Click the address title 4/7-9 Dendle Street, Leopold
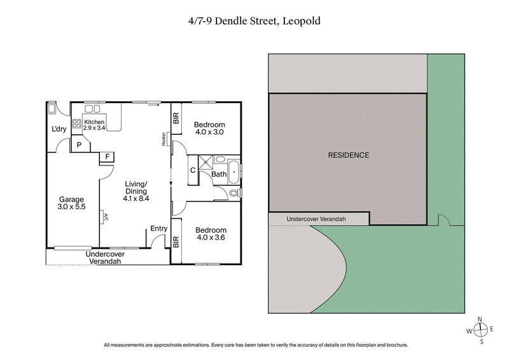coord(254,20)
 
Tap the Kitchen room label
coord(94,125)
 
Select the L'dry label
coord(59,130)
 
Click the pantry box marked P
coord(79,145)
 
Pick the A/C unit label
coord(104,217)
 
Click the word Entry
coord(158,229)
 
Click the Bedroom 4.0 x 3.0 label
coord(209,128)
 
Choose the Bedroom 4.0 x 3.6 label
coord(209,233)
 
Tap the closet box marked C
coord(192,170)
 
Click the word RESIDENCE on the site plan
coord(348,155)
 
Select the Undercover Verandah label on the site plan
coord(316,219)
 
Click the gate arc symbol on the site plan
coord(444,221)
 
